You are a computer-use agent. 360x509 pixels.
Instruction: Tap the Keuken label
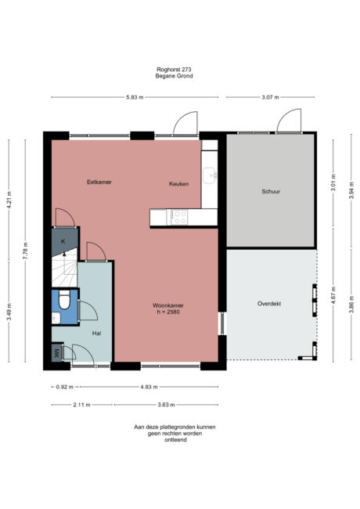pos(179,183)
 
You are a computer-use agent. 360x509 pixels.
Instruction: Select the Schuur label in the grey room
pos(271,190)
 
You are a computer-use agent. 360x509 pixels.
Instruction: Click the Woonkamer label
pos(167,306)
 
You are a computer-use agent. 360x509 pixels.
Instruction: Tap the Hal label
pos(97,333)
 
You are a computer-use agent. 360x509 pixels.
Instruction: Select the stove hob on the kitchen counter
pos(179,217)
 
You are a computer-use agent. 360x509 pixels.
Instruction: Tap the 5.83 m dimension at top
pos(135,96)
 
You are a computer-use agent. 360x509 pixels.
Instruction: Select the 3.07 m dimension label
pos(272,96)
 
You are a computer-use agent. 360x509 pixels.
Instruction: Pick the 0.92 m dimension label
pos(64,387)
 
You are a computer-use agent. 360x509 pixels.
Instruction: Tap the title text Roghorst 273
pos(174,69)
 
